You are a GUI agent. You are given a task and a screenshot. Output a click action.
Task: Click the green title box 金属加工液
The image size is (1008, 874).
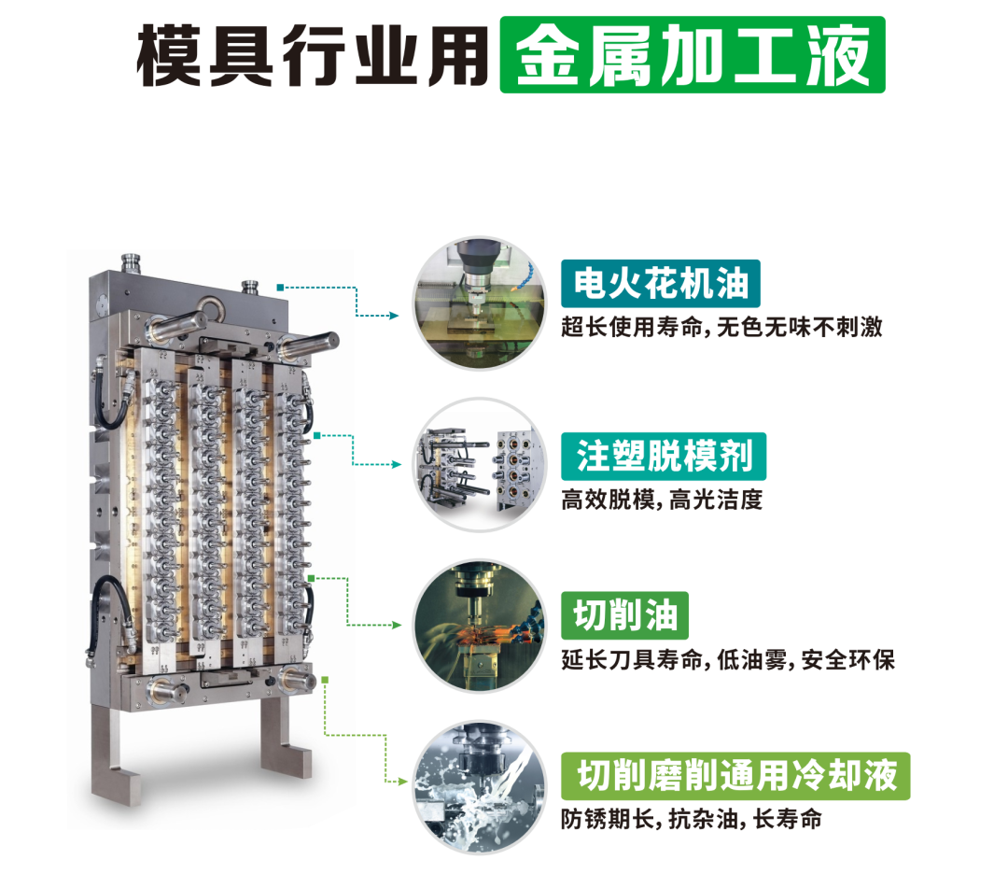[693, 55]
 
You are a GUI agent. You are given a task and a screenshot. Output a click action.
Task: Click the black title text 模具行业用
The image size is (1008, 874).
[313, 56]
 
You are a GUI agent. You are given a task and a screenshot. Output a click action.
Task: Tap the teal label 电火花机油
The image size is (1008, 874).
[660, 284]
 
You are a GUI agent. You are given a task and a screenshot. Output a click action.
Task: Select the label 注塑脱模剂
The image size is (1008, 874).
[664, 457]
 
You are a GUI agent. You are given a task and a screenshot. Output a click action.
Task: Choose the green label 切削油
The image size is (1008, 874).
[624, 615]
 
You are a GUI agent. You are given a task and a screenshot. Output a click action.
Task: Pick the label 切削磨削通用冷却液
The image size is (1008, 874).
[735, 776]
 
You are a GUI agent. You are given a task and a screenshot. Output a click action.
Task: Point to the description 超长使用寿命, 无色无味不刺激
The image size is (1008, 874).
[721, 328]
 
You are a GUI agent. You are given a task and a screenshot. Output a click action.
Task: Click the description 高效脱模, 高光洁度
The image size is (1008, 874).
[662, 500]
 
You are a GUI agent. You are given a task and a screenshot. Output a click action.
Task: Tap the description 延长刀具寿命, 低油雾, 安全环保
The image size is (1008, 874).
[728, 660]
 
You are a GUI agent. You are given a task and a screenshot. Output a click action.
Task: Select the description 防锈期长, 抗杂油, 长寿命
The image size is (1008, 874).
[691, 819]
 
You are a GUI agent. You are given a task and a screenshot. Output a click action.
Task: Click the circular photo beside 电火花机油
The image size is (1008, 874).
[479, 303]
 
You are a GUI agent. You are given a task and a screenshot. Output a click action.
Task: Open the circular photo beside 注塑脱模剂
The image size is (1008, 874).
[479, 465]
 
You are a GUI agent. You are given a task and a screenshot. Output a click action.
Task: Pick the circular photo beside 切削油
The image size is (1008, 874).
[479, 626]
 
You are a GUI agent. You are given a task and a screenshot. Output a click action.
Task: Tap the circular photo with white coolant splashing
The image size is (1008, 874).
[479, 787]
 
